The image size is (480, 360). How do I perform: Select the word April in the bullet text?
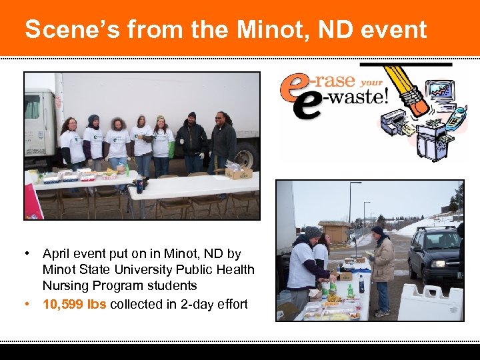coord(57,254)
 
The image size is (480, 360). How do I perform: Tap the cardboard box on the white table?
coord(237,171)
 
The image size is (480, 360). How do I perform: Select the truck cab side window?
coord(32,107)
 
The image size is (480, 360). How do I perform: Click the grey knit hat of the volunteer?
coord(312,231)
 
